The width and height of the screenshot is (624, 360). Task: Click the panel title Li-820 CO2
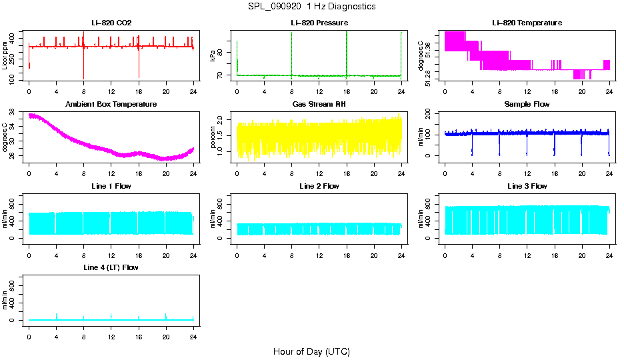click(111, 23)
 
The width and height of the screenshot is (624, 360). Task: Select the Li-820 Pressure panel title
click(319, 23)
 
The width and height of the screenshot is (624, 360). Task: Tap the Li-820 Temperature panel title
click(527, 23)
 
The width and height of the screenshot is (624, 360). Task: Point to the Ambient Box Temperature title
click(111, 105)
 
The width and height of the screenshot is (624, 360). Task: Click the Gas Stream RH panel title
click(319, 105)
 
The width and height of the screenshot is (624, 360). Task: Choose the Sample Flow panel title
click(527, 105)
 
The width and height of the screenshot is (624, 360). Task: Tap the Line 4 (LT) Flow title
click(111, 267)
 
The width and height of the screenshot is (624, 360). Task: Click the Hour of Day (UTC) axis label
click(311, 351)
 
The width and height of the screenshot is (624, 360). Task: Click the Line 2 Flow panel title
click(319, 186)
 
